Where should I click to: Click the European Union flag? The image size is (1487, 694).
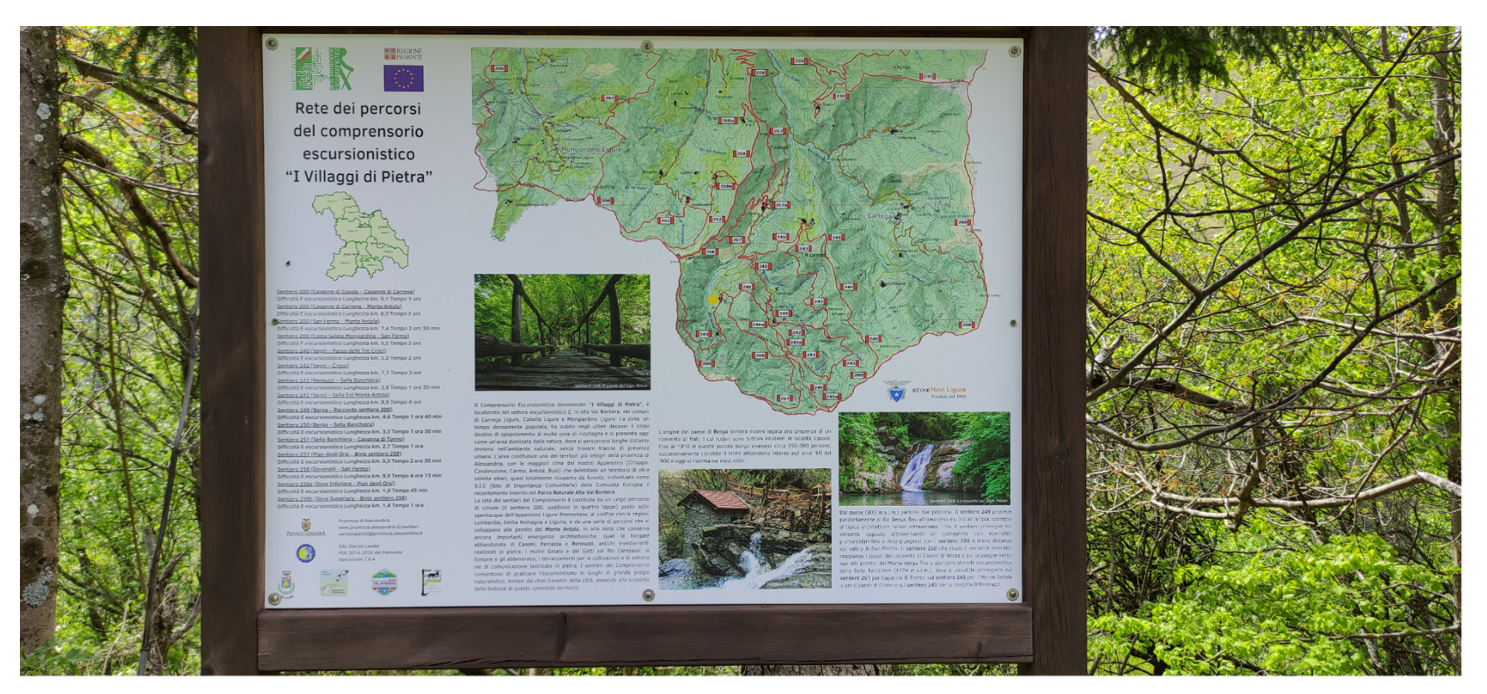(404, 78)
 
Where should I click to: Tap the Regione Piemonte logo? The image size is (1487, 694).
(404, 54)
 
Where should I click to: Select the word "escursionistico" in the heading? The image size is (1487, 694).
(359, 154)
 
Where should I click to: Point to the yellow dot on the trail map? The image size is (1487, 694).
(713, 300)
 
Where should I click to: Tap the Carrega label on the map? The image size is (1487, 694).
(880, 217)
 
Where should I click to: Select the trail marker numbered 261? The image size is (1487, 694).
(609, 98)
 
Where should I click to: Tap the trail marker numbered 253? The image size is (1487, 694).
(665, 221)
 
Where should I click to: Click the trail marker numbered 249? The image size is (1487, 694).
(704, 334)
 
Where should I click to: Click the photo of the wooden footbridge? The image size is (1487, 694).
(562, 332)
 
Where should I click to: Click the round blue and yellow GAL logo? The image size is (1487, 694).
(306, 553)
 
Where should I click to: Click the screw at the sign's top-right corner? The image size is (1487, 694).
(1014, 52)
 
